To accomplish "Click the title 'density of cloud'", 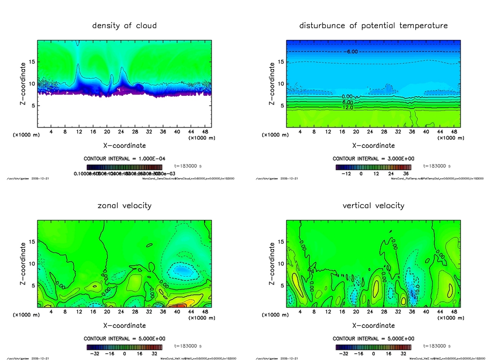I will [124, 25].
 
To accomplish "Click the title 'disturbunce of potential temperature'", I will [373, 25].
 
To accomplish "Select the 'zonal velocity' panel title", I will [124, 205].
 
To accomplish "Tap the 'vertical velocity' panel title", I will [373, 205].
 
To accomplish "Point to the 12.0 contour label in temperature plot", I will [348, 108].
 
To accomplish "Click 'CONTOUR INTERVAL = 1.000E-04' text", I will [125, 159].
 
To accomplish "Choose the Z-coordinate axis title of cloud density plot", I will [22, 84].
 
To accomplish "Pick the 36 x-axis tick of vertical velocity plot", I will [412, 312].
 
